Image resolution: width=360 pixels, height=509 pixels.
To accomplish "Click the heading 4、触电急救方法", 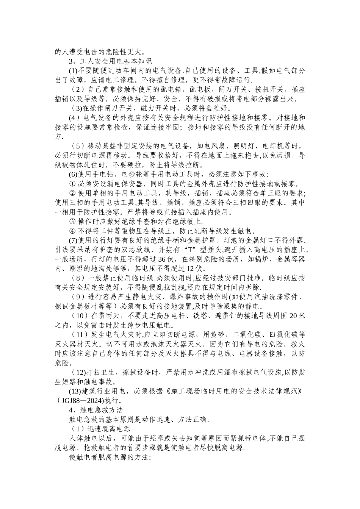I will [96, 410].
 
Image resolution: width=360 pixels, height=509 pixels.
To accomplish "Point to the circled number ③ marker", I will [72, 221].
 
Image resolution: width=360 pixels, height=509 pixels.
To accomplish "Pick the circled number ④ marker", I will [72, 231].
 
